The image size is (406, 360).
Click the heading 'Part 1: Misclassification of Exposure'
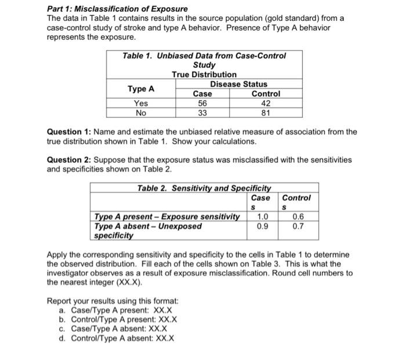[117, 9]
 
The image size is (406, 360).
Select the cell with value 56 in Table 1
[202, 103]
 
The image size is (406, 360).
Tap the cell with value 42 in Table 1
[266, 103]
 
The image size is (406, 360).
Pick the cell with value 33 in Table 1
[202, 112]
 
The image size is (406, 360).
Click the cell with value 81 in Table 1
[266, 112]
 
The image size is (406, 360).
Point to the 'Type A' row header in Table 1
[141, 89]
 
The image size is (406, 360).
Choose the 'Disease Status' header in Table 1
[238, 84]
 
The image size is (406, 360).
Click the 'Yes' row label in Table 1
[141, 103]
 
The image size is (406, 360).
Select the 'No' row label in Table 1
[141, 112]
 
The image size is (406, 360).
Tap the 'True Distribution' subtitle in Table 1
[204, 74]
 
